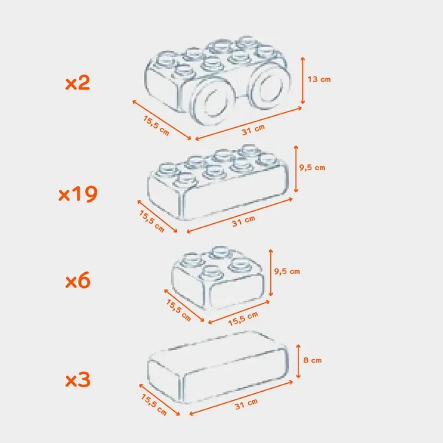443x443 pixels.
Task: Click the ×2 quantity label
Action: [78, 83]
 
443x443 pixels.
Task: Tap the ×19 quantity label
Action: [78, 194]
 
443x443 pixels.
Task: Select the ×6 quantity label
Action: [78, 282]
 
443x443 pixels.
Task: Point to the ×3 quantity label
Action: [78, 381]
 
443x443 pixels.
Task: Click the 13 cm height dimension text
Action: [319, 79]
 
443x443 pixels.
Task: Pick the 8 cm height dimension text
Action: [312, 360]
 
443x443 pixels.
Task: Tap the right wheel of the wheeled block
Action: [269, 89]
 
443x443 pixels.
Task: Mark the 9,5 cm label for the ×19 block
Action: [312, 167]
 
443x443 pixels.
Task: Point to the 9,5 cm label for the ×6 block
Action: [287, 271]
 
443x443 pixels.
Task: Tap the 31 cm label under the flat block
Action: [246, 403]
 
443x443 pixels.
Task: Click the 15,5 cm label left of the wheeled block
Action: [156, 125]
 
